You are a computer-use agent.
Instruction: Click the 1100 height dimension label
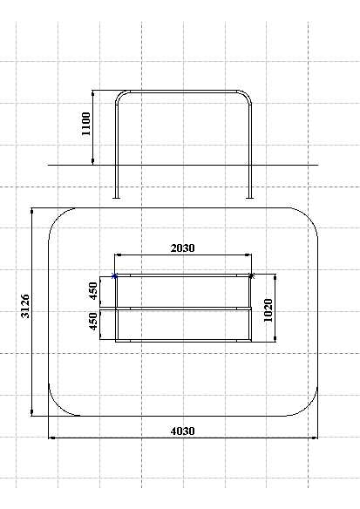pyautogui.click(x=86, y=124)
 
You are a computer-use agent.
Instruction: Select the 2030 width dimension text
pyautogui.click(x=183, y=248)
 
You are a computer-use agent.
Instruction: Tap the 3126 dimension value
pyautogui.click(x=25, y=306)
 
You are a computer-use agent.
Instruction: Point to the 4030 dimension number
pyautogui.click(x=183, y=431)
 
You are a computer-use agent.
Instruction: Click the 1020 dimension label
pyautogui.click(x=268, y=310)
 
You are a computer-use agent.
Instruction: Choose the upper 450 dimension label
pyautogui.click(x=93, y=291)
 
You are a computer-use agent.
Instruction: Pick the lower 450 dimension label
pyautogui.click(x=93, y=322)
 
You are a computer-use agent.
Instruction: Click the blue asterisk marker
pyautogui.click(x=114, y=276)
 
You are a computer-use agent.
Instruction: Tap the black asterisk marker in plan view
pyautogui.click(x=252, y=276)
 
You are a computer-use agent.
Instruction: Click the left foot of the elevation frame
pyautogui.click(x=116, y=197)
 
